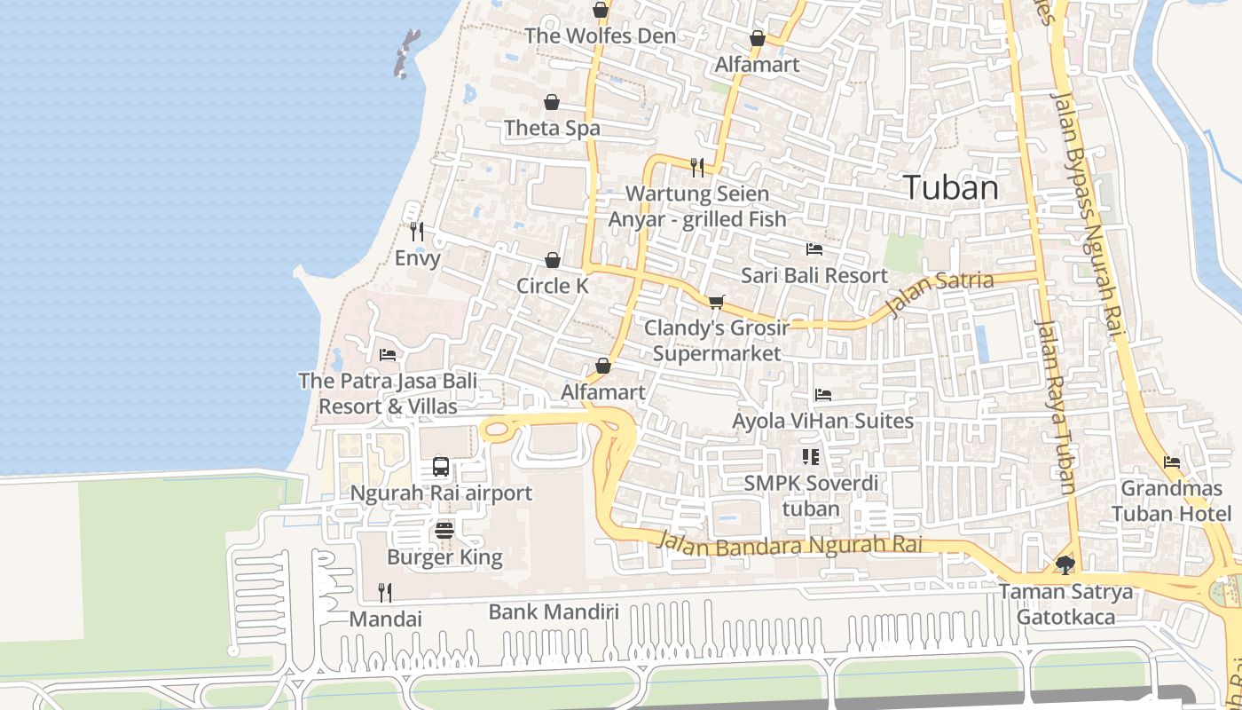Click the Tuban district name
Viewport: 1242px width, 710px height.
pyautogui.click(x=950, y=187)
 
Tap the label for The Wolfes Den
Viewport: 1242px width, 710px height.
pyautogui.click(x=600, y=36)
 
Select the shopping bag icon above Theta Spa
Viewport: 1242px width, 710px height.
pyautogui.click(x=552, y=102)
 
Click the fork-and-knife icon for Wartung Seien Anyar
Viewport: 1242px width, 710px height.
pyautogui.click(x=697, y=167)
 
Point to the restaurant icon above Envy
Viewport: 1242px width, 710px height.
pyautogui.click(x=417, y=232)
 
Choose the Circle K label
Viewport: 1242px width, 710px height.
pyautogui.click(x=552, y=286)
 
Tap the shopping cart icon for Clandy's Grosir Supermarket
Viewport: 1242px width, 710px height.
pyautogui.click(x=717, y=302)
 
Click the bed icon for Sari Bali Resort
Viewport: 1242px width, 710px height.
pyautogui.click(x=814, y=249)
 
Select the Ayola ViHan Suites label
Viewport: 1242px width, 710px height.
pyautogui.click(x=822, y=421)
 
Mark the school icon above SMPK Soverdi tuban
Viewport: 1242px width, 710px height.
pyautogui.click(x=810, y=457)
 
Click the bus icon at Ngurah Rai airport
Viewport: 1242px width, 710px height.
pyautogui.click(x=441, y=466)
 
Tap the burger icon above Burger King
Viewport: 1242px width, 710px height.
pyautogui.click(x=444, y=531)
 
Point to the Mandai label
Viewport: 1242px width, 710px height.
pyautogui.click(x=385, y=619)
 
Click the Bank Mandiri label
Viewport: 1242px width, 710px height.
pyautogui.click(x=554, y=611)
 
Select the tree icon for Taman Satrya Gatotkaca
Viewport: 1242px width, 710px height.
pyautogui.click(x=1065, y=564)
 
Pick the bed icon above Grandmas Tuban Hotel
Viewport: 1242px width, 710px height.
pyautogui.click(x=1172, y=462)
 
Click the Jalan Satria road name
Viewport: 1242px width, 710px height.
pyautogui.click(x=940, y=294)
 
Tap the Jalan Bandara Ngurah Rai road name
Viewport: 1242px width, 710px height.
pyautogui.click(x=790, y=542)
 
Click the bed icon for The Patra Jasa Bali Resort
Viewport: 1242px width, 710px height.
pyautogui.click(x=388, y=355)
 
